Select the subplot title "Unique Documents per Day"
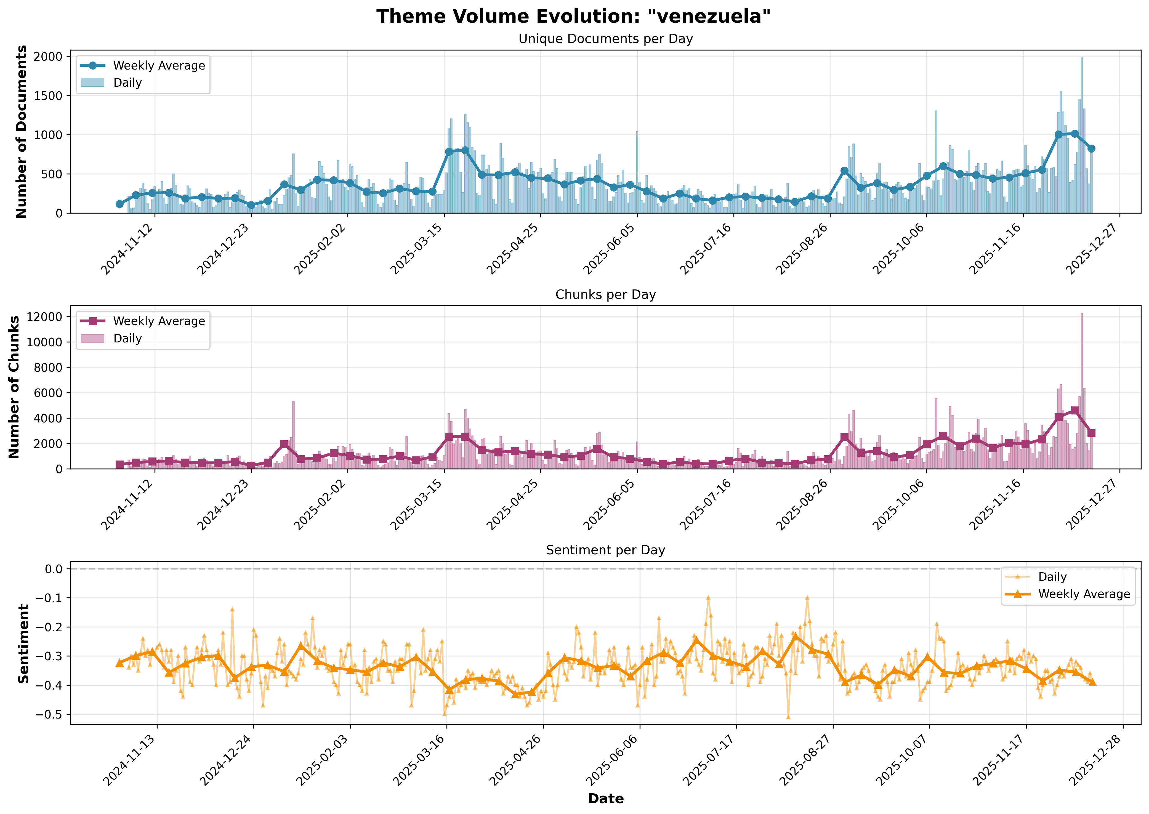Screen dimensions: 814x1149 pos(605,39)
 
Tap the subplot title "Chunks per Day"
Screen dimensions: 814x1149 pos(605,295)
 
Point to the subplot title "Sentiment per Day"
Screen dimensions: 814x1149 pos(605,550)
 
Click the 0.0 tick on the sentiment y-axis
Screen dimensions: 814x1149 pos(53,569)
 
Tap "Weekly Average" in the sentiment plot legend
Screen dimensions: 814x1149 pos(1084,594)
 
